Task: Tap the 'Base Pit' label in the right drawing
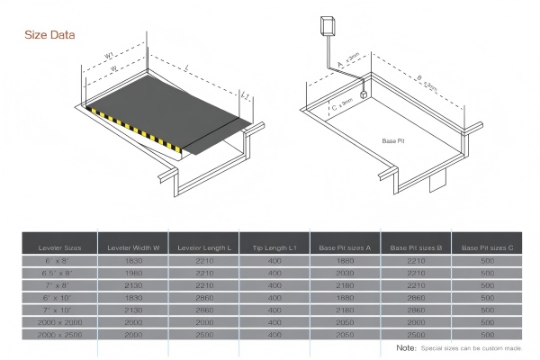[393, 141]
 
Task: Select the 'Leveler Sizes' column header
[58, 247]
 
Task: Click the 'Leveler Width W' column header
[133, 247]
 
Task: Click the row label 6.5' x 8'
[58, 273]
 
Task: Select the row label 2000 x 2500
[58, 334]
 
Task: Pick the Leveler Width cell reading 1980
[133, 273]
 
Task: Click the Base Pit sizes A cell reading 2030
[344, 273]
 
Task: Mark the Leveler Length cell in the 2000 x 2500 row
[204, 334]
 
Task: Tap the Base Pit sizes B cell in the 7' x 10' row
[415, 309]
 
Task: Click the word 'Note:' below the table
[406, 347]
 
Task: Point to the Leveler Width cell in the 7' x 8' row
[133, 284]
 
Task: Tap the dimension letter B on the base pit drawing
[420, 78]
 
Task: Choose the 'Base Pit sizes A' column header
[344, 247]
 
